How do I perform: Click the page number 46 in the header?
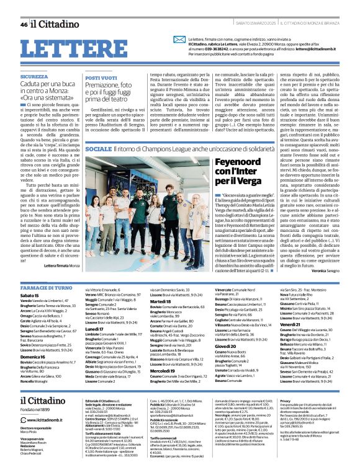point(24,24)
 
